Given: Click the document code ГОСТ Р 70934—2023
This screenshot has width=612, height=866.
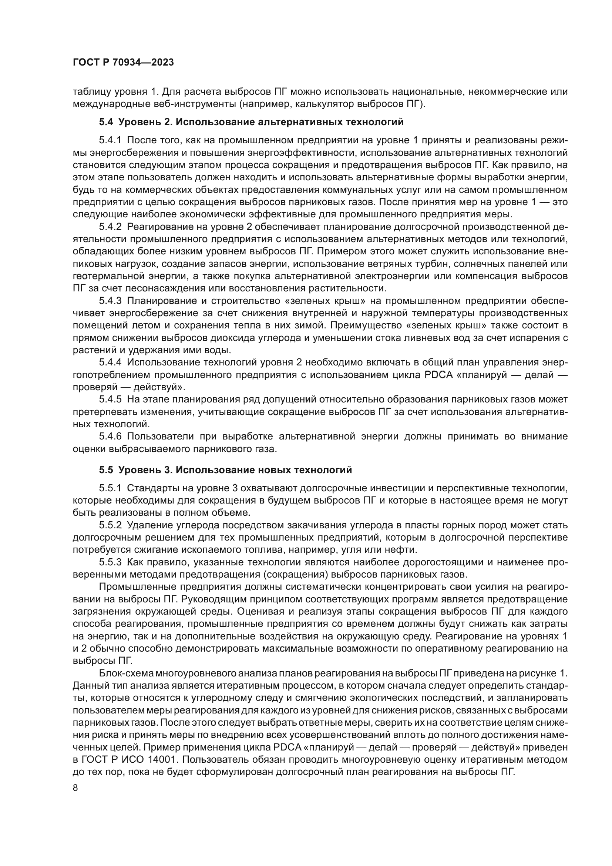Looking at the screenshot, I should (x=123, y=63).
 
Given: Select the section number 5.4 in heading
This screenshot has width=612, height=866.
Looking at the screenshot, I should (x=106, y=122).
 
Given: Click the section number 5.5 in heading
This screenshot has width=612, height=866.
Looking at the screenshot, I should (x=106, y=470).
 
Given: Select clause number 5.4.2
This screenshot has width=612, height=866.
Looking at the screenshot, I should (x=110, y=227).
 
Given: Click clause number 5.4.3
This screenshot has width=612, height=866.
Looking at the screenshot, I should (x=110, y=301).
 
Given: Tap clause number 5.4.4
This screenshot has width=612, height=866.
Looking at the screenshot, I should (x=110, y=362).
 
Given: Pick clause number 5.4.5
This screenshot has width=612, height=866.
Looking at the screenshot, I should (x=110, y=399).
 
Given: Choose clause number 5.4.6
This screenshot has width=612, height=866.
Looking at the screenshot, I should (x=110, y=437).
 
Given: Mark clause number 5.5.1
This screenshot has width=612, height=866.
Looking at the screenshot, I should (x=110, y=488).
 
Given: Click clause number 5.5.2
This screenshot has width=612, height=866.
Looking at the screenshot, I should (x=110, y=525).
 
